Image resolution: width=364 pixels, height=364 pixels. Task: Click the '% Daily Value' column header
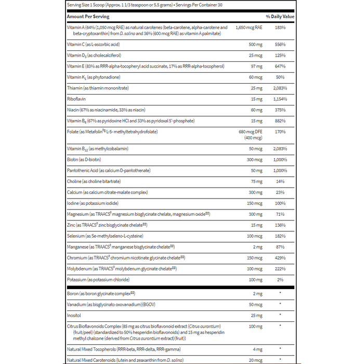point(280,17)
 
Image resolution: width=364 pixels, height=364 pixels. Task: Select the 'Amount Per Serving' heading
point(87,17)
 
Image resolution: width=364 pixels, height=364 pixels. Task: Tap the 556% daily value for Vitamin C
point(280,45)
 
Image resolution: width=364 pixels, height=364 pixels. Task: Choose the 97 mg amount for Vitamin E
point(255,67)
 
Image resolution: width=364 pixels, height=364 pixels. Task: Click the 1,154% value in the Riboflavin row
point(280,99)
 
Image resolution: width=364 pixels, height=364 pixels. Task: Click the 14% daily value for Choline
point(280,181)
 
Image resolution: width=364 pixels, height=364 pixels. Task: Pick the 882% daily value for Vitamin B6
point(280,121)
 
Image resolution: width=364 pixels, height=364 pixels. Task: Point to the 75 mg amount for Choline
point(255,181)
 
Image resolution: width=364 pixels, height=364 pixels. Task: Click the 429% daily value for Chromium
point(280,257)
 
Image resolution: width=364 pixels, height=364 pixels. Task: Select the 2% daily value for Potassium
point(280,279)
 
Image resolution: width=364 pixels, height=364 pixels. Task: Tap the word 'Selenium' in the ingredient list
point(76,236)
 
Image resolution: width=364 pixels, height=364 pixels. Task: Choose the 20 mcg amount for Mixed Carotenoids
point(255,359)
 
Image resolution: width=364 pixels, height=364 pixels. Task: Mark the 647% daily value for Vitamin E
point(280,67)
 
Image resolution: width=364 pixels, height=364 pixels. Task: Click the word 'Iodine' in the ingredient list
point(74,203)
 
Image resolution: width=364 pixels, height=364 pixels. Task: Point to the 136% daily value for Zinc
point(280,225)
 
